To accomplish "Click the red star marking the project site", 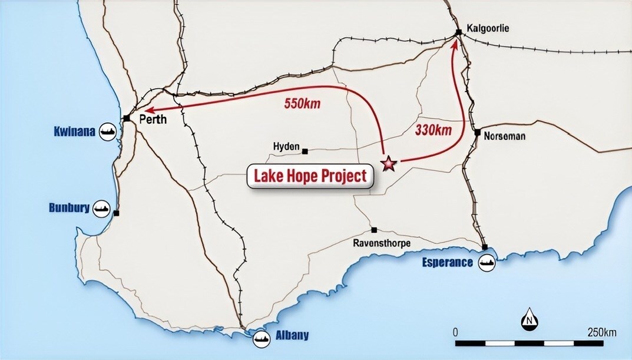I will pyautogui.click(x=389, y=163).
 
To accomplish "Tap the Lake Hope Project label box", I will pyautogui.click(x=310, y=176).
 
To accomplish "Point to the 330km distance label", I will pyautogui.click(x=433, y=130).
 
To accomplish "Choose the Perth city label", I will pyautogui.click(x=153, y=120).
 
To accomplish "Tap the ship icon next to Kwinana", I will pyautogui.click(x=108, y=130).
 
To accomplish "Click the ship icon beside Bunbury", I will pyautogui.click(x=102, y=208).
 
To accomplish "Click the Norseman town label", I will pyautogui.click(x=504, y=136).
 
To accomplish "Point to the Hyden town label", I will pyautogui.click(x=286, y=146).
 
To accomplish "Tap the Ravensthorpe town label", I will pyautogui.click(x=382, y=243).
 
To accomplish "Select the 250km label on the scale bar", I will pyautogui.click(x=602, y=332).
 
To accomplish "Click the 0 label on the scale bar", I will pyautogui.click(x=455, y=332).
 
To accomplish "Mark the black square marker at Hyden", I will pyautogui.click(x=305, y=151).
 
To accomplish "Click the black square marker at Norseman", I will pyautogui.click(x=477, y=132).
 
